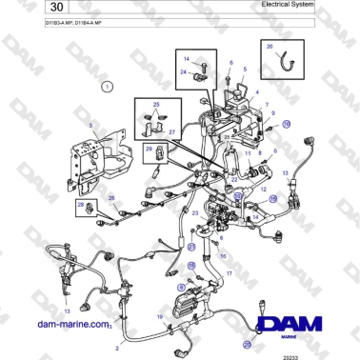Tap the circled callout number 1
click(x=108, y=86)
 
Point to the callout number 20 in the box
click(x=269, y=46)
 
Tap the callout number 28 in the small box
click(x=80, y=204)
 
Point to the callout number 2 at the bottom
click(x=117, y=349)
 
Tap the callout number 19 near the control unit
click(x=160, y=313)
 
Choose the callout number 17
click(x=229, y=274)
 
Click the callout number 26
click(x=111, y=198)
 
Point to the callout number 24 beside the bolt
click(x=183, y=71)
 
